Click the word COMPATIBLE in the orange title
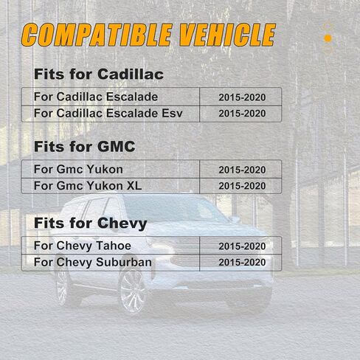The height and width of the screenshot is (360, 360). tap(97, 35)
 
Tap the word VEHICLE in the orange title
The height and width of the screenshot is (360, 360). tap(227, 35)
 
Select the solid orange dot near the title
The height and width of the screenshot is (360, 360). tap(328, 38)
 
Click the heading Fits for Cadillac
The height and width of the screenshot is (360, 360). tap(99, 74)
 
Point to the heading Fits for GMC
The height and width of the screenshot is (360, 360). tap(85, 147)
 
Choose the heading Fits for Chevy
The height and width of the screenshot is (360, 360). tap(91, 224)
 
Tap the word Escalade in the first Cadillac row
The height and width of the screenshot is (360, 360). tap(132, 97)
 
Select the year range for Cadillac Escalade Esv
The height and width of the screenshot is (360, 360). tap(242, 114)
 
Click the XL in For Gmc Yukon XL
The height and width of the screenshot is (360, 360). tap(134, 186)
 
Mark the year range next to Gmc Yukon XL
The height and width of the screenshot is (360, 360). tap(242, 186)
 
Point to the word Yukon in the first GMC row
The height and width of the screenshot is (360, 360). tap(105, 170)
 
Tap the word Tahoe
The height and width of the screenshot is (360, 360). tap(114, 246)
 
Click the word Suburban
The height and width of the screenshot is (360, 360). tap(124, 262)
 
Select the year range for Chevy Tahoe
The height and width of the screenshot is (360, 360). tap(242, 246)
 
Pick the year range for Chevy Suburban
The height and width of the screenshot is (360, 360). tap(242, 263)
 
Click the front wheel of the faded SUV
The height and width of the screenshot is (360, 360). tap(132, 291)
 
